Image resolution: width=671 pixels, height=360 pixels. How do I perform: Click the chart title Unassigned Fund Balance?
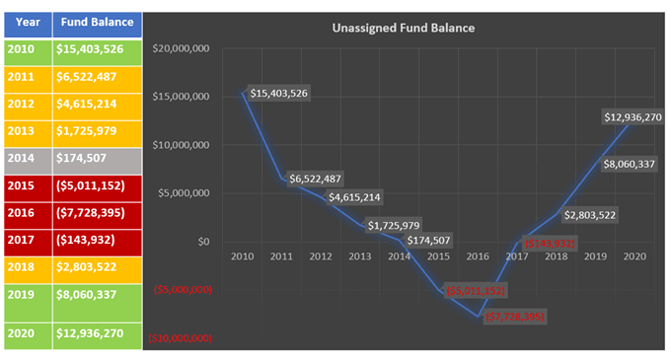[403, 28]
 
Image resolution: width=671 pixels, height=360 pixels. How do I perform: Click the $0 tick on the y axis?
[204, 242]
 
